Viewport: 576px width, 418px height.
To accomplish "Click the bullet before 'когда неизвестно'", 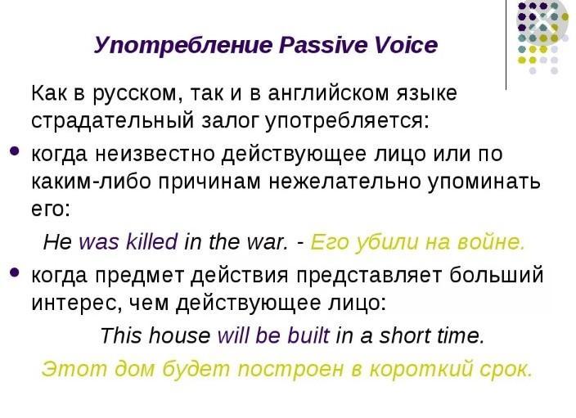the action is coord(15,151).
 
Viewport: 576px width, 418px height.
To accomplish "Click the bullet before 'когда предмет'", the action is coord(15,272).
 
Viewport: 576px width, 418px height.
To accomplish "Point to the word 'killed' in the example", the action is coord(151,241).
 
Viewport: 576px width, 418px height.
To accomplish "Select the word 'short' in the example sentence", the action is coord(405,335).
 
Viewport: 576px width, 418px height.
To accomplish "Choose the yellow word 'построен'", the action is coord(290,369).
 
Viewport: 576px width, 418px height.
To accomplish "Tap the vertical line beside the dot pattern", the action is coord(506,45).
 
